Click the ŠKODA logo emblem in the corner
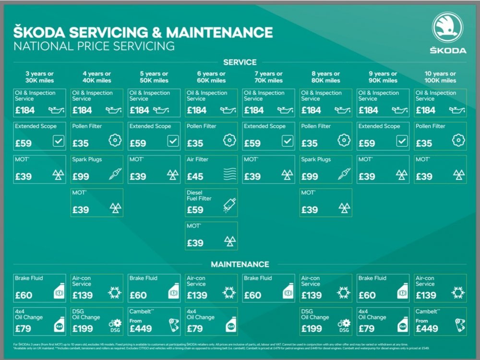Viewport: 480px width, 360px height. [447, 27]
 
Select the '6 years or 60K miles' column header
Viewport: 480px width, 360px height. [211, 77]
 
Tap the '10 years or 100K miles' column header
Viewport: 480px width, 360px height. [440, 77]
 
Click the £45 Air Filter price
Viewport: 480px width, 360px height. [195, 176]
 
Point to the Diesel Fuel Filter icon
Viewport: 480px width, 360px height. [229, 205]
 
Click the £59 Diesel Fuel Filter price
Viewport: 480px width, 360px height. [195, 210]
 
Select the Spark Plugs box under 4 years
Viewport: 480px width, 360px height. [97, 169]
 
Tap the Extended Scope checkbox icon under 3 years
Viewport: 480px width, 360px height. [59, 141]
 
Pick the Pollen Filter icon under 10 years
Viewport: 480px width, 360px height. [458, 141]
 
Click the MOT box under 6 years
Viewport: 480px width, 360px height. [211, 236]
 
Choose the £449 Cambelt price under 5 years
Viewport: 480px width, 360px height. [141, 329]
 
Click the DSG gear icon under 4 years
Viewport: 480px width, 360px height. [115, 326]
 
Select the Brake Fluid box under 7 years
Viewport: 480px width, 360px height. [268, 288]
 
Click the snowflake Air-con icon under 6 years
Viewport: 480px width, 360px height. [229, 292]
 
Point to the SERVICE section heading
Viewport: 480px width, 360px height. [240, 62]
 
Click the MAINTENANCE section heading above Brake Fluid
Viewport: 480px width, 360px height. [240, 264]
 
